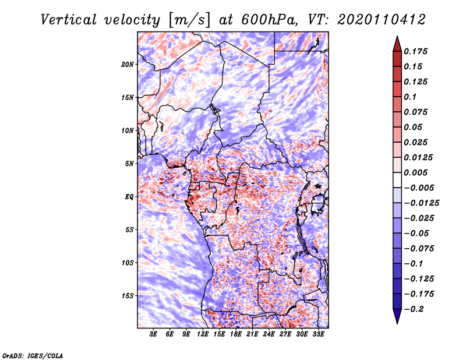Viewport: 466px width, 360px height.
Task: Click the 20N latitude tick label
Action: click(x=128, y=65)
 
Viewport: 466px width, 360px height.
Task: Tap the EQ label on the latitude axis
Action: click(x=129, y=197)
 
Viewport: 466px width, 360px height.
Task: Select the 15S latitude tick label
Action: click(x=128, y=296)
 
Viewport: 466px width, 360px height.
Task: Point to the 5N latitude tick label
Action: click(x=129, y=164)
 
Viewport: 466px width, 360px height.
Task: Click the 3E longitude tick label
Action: click(x=153, y=334)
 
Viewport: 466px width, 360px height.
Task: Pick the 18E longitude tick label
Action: click(x=236, y=334)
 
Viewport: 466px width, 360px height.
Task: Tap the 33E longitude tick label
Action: click(x=318, y=334)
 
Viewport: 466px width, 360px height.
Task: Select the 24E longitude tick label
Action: click(x=269, y=334)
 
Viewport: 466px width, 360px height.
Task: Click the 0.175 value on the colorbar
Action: click(x=415, y=51)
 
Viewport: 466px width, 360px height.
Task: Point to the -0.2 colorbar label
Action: click(x=414, y=309)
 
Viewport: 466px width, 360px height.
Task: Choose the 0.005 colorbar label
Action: click(x=415, y=172)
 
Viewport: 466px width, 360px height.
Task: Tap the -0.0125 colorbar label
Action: click(x=421, y=203)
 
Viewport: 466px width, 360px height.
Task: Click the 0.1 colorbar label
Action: click(x=410, y=97)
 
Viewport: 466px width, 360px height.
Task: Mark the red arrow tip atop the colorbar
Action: click(x=397, y=36)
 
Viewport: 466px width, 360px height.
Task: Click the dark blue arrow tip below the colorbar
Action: click(x=397, y=323)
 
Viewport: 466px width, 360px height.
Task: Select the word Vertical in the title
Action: click(x=69, y=20)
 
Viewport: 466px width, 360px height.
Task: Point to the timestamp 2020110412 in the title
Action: click(x=382, y=20)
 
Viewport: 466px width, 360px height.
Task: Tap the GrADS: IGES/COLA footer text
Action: click(x=33, y=355)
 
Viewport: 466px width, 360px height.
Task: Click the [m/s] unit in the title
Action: click(x=189, y=20)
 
